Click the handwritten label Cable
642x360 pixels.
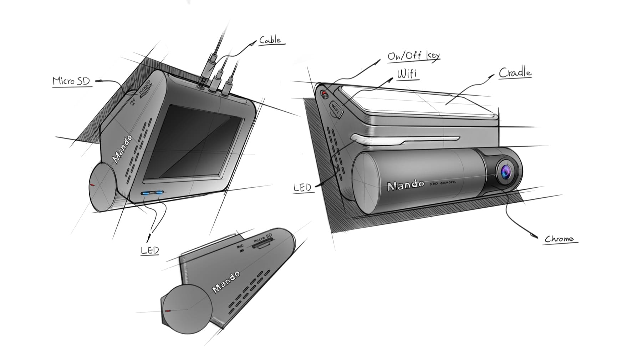(270, 40)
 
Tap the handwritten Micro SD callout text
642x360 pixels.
(71, 81)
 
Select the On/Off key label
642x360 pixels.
(414, 56)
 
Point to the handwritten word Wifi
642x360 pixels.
(407, 74)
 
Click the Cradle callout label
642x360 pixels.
(515, 73)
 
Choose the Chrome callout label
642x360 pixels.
(559, 239)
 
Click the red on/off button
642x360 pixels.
(324, 94)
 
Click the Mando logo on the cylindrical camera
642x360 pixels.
(406, 185)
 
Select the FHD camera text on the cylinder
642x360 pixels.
(442, 183)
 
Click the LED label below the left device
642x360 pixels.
(150, 250)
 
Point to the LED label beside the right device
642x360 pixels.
(302, 188)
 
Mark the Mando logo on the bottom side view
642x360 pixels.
(226, 282)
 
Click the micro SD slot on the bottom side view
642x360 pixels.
(263, 244)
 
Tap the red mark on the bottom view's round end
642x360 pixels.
(168, 311)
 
